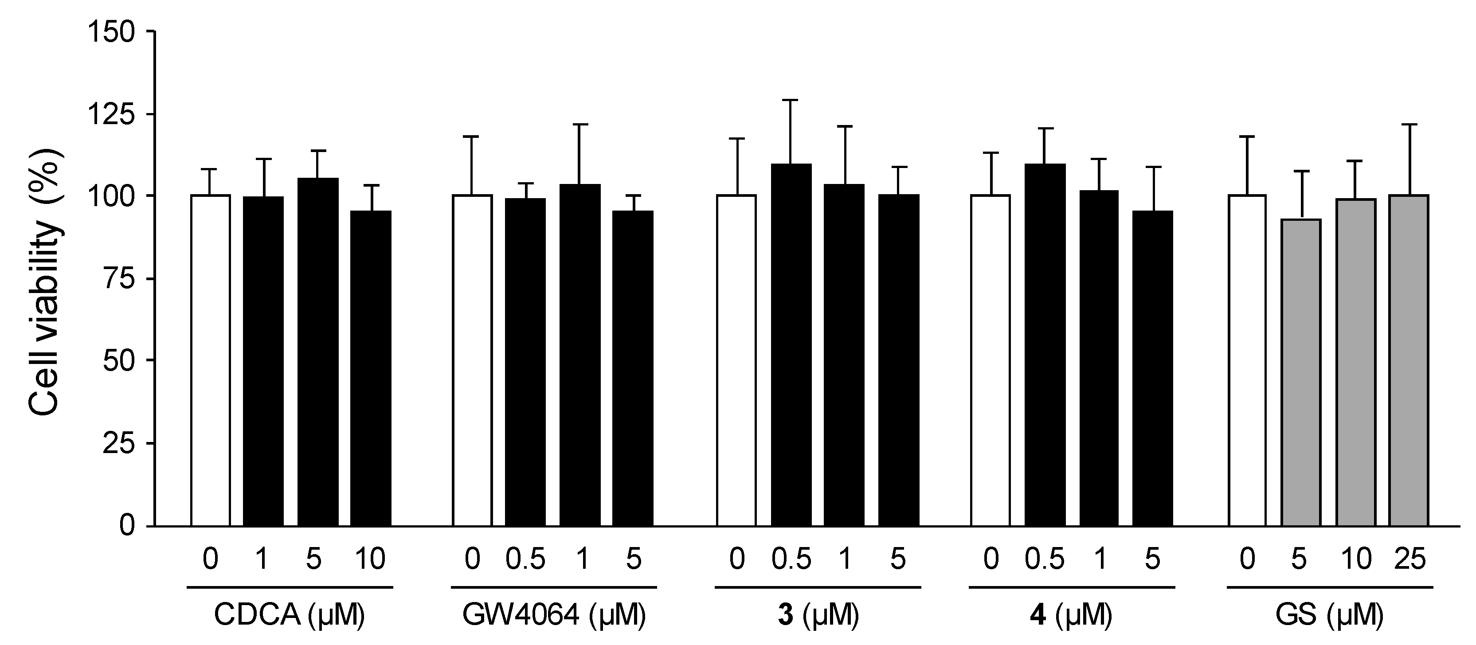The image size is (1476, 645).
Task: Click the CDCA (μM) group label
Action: pyautogui.click(x=290, y=616)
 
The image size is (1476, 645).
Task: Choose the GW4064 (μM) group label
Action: pyautogui.click(x=553, y=616)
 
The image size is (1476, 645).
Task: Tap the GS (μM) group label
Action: pyautogui.click(x=1329, y=616)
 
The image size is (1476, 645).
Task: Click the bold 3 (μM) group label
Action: pyautogui.click(x=818, y=616)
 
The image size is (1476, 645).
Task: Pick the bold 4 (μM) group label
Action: pyautogui.click(x=1071, y=616)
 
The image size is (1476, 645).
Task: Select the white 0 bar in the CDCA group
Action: pyautogui.click(x=210, y=361)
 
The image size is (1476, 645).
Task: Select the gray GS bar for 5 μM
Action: pyautogui.click(x=1301, y=372)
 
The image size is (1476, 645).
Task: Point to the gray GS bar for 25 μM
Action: pyautogui.click(x=1409, y=361)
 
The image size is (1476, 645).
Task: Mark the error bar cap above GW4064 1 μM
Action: pyautogui.click(x=580, y=124)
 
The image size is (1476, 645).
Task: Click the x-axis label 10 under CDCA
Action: pyautogui.click(x=370, y=559)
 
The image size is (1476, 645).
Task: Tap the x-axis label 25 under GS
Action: pyautogui.click(x=1409, y=559)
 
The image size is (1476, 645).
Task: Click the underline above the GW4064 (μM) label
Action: pyautogui.click(x=553, y=587)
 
